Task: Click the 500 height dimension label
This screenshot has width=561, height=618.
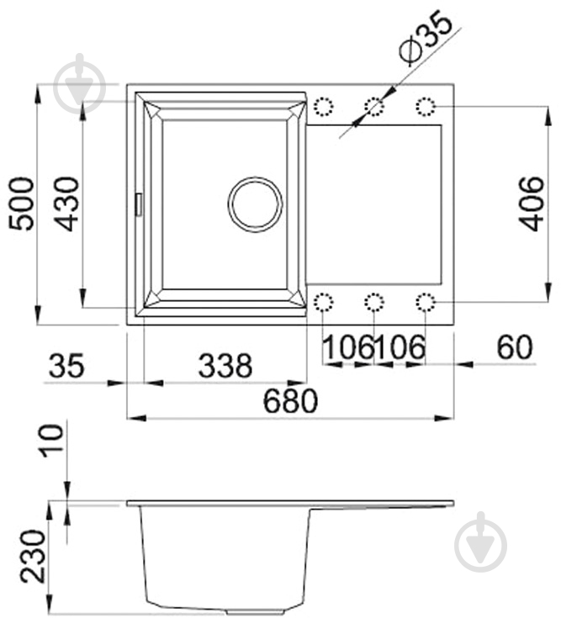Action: coord(21,203)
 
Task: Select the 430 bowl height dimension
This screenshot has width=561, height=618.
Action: coord(66,203)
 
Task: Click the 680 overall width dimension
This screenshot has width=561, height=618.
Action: coord(291,401)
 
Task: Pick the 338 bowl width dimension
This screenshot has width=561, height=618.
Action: coord(225,366)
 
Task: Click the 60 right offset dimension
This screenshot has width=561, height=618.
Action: coord(515,347)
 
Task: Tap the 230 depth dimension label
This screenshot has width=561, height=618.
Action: coord(33,557)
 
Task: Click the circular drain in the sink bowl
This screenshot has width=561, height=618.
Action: coord(255,204)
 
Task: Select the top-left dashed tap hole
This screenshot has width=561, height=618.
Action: coord(323,107)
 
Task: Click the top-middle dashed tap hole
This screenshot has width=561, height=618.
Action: coord(374,107)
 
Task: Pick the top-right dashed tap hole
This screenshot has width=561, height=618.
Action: coord(426,107)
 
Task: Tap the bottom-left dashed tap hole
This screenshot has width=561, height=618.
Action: coord(323,302)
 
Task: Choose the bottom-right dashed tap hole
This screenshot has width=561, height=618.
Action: coord(426,302)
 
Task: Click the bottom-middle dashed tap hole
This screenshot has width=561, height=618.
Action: coord(374,302)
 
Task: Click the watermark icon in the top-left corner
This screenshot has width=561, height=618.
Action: coord(81,83)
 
